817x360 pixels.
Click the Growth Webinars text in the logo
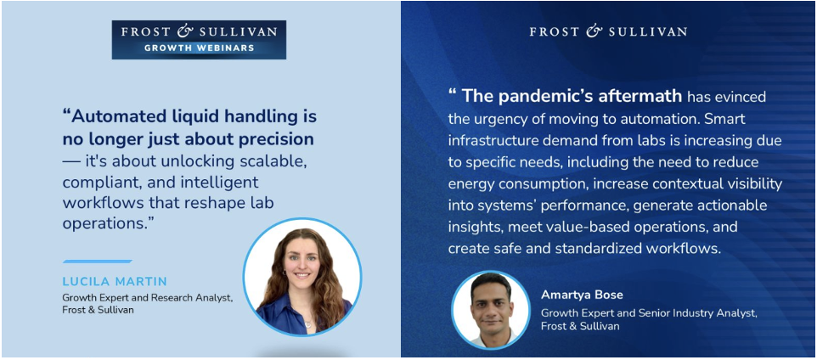pyautogui.click(x=199, y=48)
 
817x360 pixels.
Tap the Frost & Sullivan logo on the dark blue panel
pyautogui.click(x=608, y=31)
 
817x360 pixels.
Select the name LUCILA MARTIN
pyautogui.click(x=115, y=282)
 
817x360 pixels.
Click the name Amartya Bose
pyautogui.click(x=582, y=295)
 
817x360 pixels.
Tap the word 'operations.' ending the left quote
pyautogui.click(x=110, y=223)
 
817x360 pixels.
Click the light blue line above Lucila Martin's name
pyautogui.click(x=98, y=261)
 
